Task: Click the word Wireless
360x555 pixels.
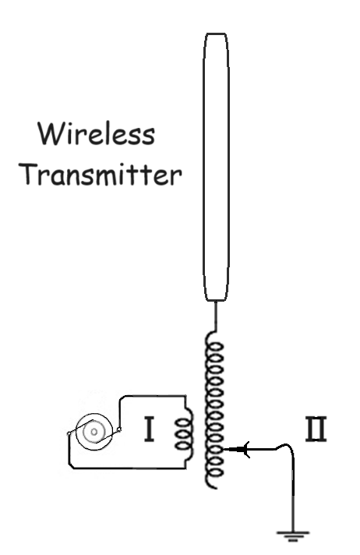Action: coord(97,133)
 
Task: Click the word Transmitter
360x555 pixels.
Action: coord(101,174)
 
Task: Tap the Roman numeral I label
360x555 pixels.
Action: coord(150,430)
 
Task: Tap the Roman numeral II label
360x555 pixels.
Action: coord(316,430)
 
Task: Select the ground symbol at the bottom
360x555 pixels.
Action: coord(293,536)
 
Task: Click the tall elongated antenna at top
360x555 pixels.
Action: coord(216,167)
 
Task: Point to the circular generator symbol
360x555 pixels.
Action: coord(94,432)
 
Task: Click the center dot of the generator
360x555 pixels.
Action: coord(94,432)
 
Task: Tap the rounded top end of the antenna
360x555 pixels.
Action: coord(216,34)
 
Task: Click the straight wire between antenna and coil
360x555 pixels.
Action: coord(216,316)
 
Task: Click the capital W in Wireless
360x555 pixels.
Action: coord(50,133)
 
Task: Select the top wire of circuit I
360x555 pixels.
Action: coord(153,396)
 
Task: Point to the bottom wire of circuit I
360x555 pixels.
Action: coord(128,468)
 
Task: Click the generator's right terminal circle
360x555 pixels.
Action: coord(119,430)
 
